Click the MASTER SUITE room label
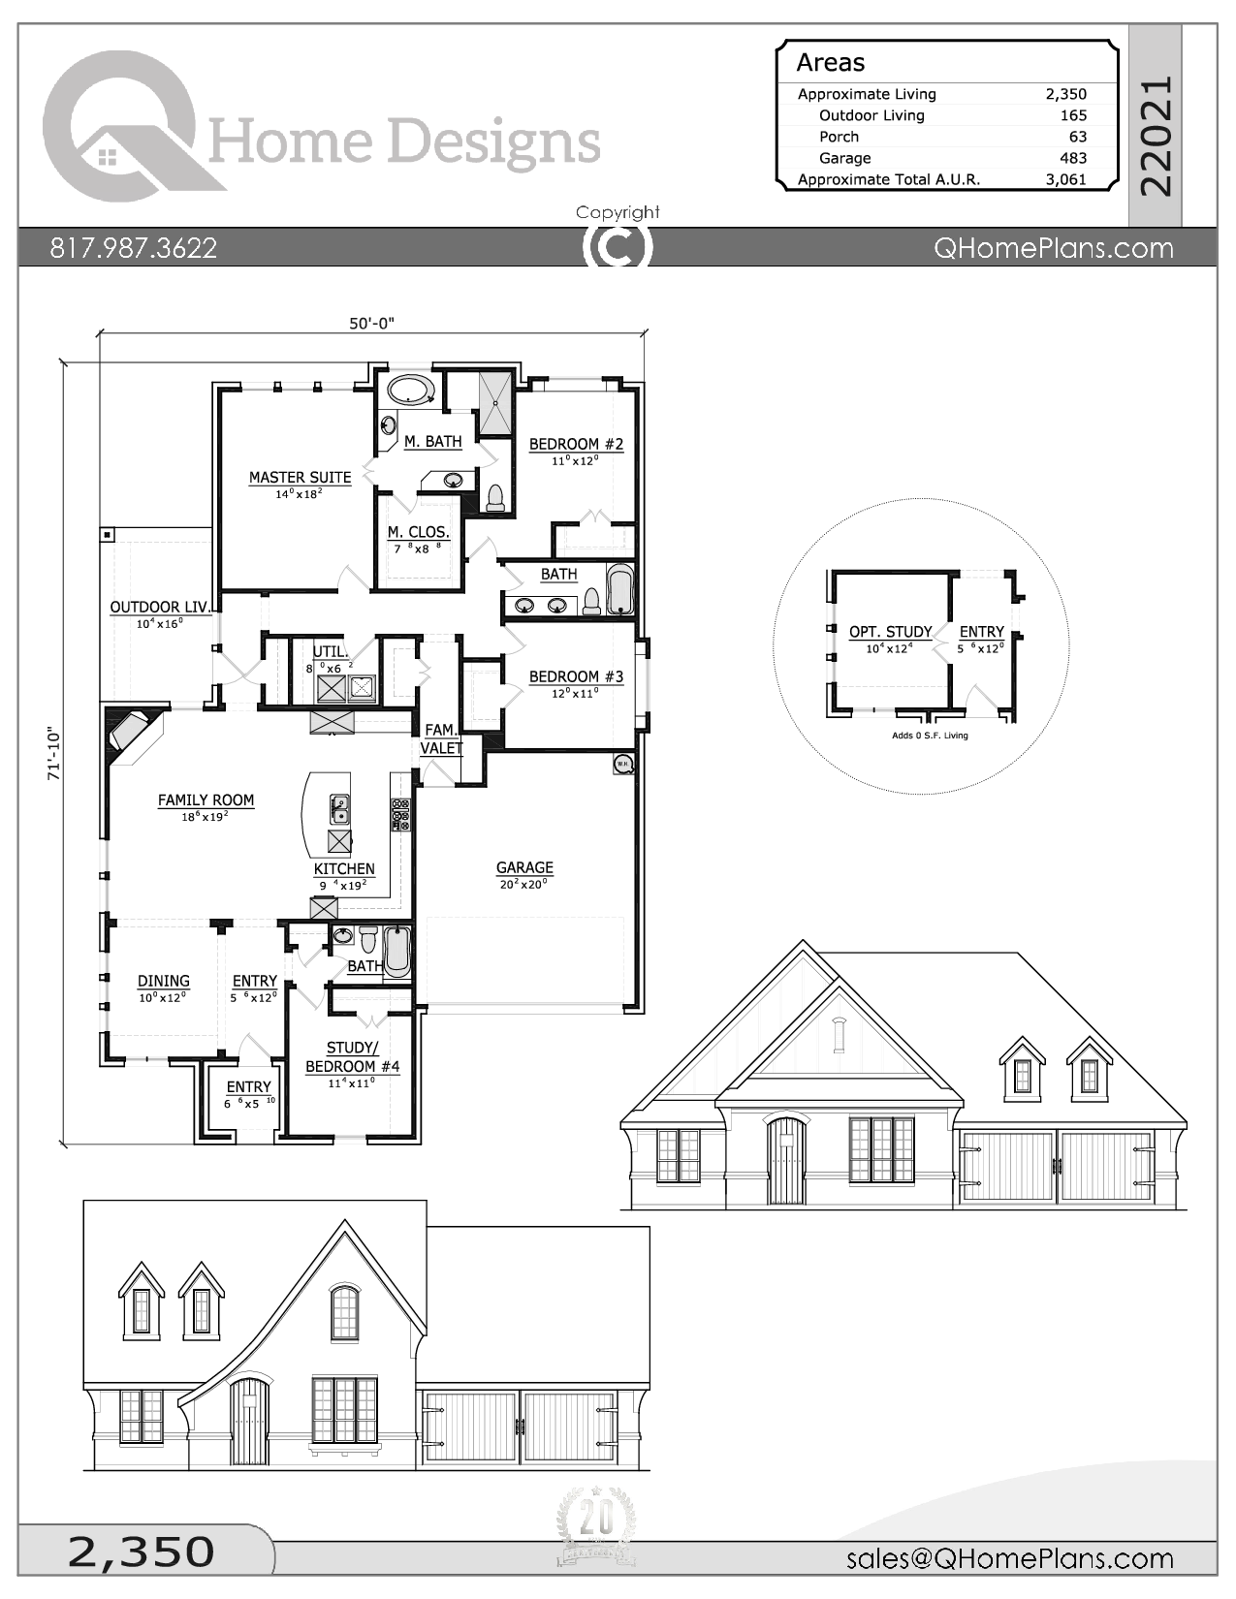pyautogui.click(x=300, y=478)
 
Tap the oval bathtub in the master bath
pyautogui.click(x=411, y=390)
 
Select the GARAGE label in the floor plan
pyautogui.click(x=524, y=868)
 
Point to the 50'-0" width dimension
pyautogui.click(x=372, y=324)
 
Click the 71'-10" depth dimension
pyautogui.click(x=54, y=754)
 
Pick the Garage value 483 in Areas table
pyautogui.click(x=1073, y=158)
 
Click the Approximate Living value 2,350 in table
pyautogui.click(x=1065, y=94)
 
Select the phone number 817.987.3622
pyautogui.click(x=134, y=248)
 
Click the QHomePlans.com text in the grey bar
pyautogui.click(x=1053, y=248)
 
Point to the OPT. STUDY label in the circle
pyautogui.click(x=890, y=632)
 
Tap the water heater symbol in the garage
pyautogui.click(x=622, y=765)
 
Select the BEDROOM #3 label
pyautogui.click(x=576, y=676)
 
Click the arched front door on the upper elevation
pyautogui.click(x=786, y=1160)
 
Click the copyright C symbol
pyautogui.click(x=618, y=247)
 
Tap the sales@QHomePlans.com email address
pyautogui.click(x=1009, y=1557)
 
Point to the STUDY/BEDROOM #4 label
pyautogui.click(x=352, y=1057)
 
